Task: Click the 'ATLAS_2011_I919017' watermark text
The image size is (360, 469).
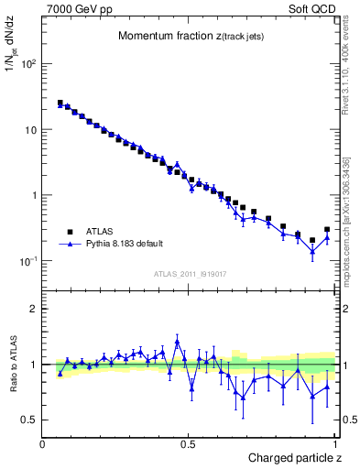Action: [189, 273]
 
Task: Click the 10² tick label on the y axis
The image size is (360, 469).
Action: [27, 64]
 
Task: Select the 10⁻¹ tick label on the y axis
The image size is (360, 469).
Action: [27, 261]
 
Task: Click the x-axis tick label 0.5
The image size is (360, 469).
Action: [189, 443]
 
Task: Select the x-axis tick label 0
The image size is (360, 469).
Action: [43, 443]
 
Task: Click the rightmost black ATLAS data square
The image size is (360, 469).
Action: [327, 230]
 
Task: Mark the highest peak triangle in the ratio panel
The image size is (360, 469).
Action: [177, 343]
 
